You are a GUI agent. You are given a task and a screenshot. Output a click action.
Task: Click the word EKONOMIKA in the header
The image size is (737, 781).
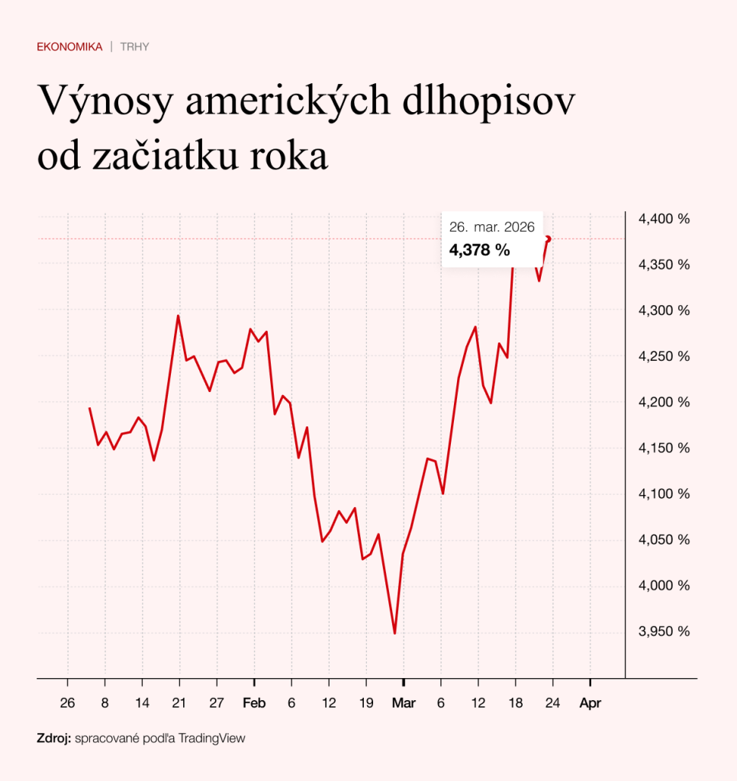pyautogui.click(x=69, y=47)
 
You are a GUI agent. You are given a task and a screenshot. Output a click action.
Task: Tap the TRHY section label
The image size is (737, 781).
pyautogui.click(x=134, y=47)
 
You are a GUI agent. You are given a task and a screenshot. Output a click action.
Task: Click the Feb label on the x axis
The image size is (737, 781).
pyautogui.click(x=254, y=703)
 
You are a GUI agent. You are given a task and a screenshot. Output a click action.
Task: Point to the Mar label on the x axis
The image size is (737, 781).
pyautogui.click(x=404, y=703)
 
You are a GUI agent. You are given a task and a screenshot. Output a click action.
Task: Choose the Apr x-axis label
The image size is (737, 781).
pyautogui.click(x=591, y=703)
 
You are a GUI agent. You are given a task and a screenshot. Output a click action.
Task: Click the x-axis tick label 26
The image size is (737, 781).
pyautogui.click(x=68, y=703)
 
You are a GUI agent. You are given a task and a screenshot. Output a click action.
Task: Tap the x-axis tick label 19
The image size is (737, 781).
pyautogui.click(x=366, y=703)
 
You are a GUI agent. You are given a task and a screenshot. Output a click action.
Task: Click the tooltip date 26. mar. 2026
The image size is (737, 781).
pyautogui.click(x=491, y=227)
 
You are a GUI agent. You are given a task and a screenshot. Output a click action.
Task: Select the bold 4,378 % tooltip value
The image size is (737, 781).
pyautogui.click(x=479, y=250)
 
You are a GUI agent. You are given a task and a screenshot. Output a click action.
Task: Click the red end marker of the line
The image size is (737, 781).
pyautogui.click(x=548, y=239)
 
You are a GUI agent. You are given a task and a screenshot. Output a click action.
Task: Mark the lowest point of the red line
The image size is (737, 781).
pyautogui.click(x=394, y=633)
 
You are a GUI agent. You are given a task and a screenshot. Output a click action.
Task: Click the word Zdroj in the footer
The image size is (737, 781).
pyautogui.click(x=53, y=738)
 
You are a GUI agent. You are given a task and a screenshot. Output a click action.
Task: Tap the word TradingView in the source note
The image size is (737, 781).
pyautogui.click(x=217, y=738)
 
